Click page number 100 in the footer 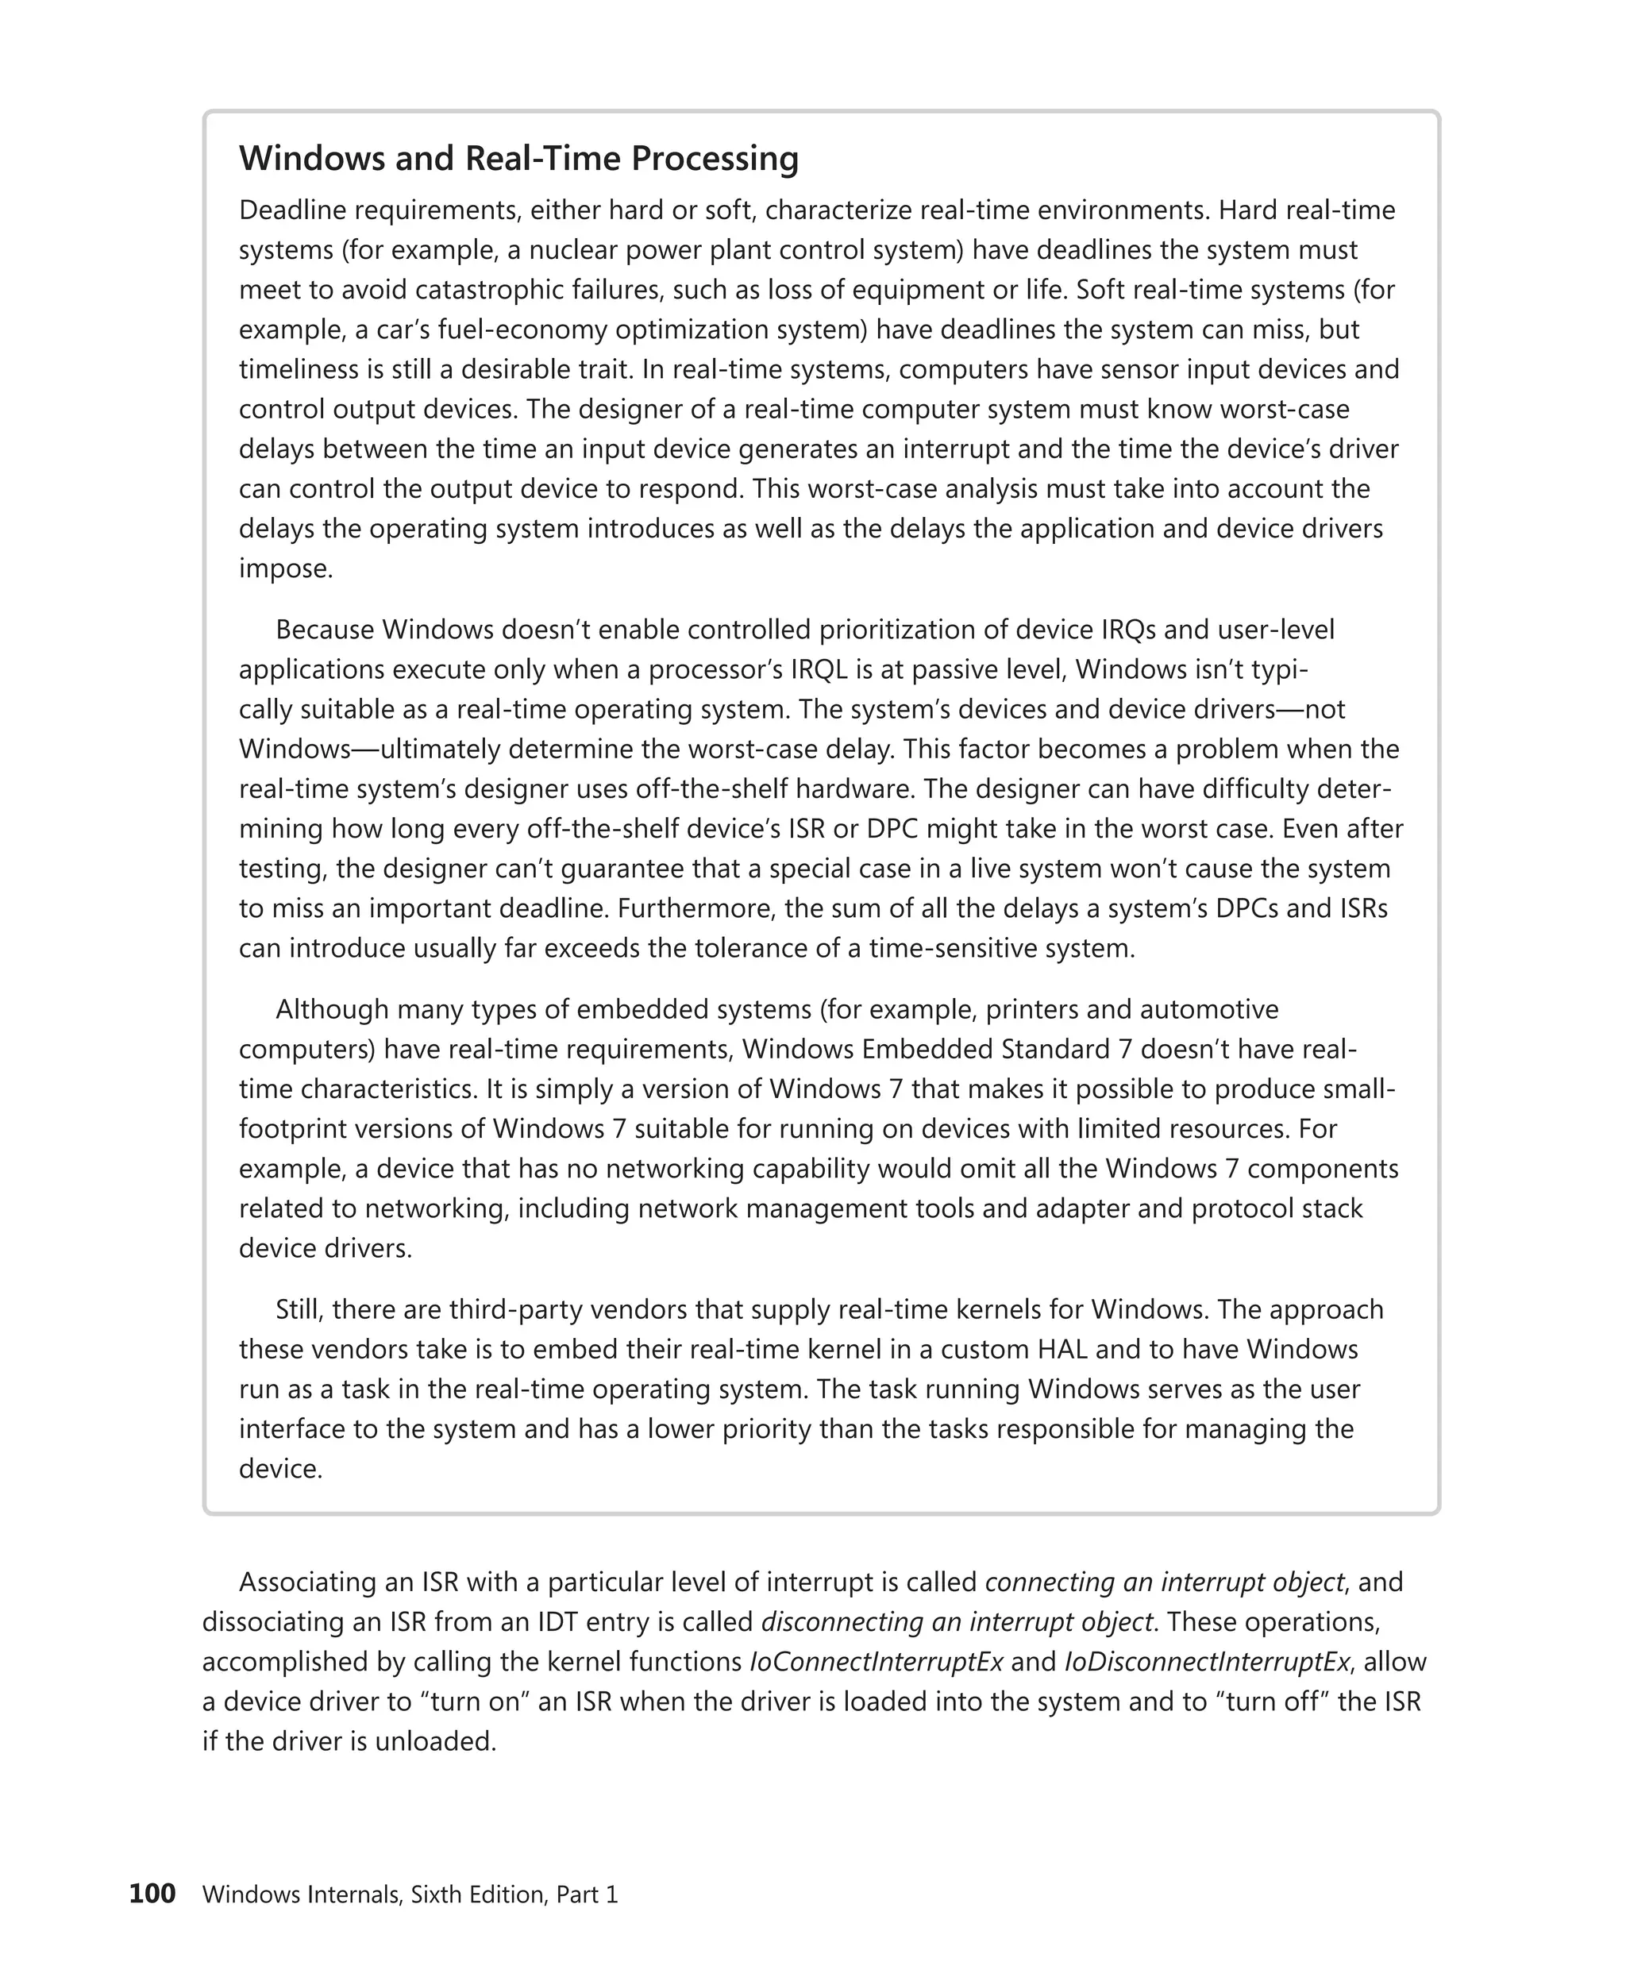[152, 1894]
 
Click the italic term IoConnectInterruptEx [876, 1662]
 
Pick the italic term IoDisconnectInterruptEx [1206, 1662]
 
